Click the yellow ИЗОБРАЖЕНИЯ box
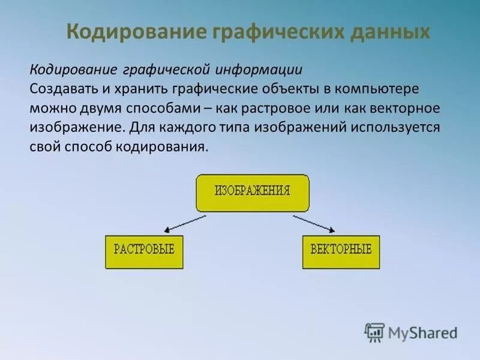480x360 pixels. click(253, 193)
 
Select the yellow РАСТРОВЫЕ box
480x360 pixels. click(144, 251)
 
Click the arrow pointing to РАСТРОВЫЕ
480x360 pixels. click(188, 222)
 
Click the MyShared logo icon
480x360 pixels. click(374, 331)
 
